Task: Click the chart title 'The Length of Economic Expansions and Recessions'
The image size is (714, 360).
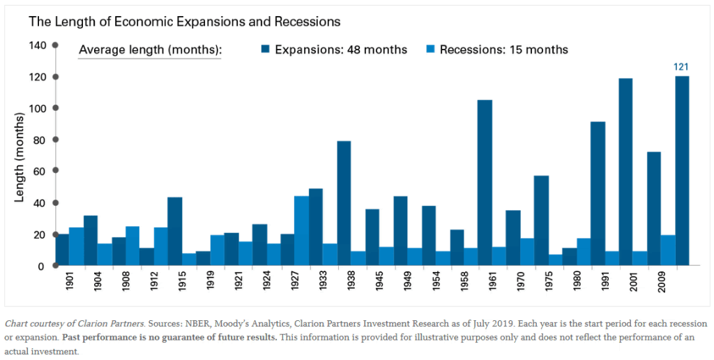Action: (x=184, y=22)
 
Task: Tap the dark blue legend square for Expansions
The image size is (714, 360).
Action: (x=266, y=50)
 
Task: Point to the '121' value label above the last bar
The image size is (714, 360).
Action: (x=681, y=66)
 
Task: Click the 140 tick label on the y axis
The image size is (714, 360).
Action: (x=38, y=45)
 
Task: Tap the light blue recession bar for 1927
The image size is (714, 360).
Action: (x=301, y=231)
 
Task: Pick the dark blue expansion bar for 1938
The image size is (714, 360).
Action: (x=344, y=203)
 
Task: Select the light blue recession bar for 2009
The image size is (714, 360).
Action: (x=668, y=250)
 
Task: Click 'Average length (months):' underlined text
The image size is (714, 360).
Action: (x=150, y=50)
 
